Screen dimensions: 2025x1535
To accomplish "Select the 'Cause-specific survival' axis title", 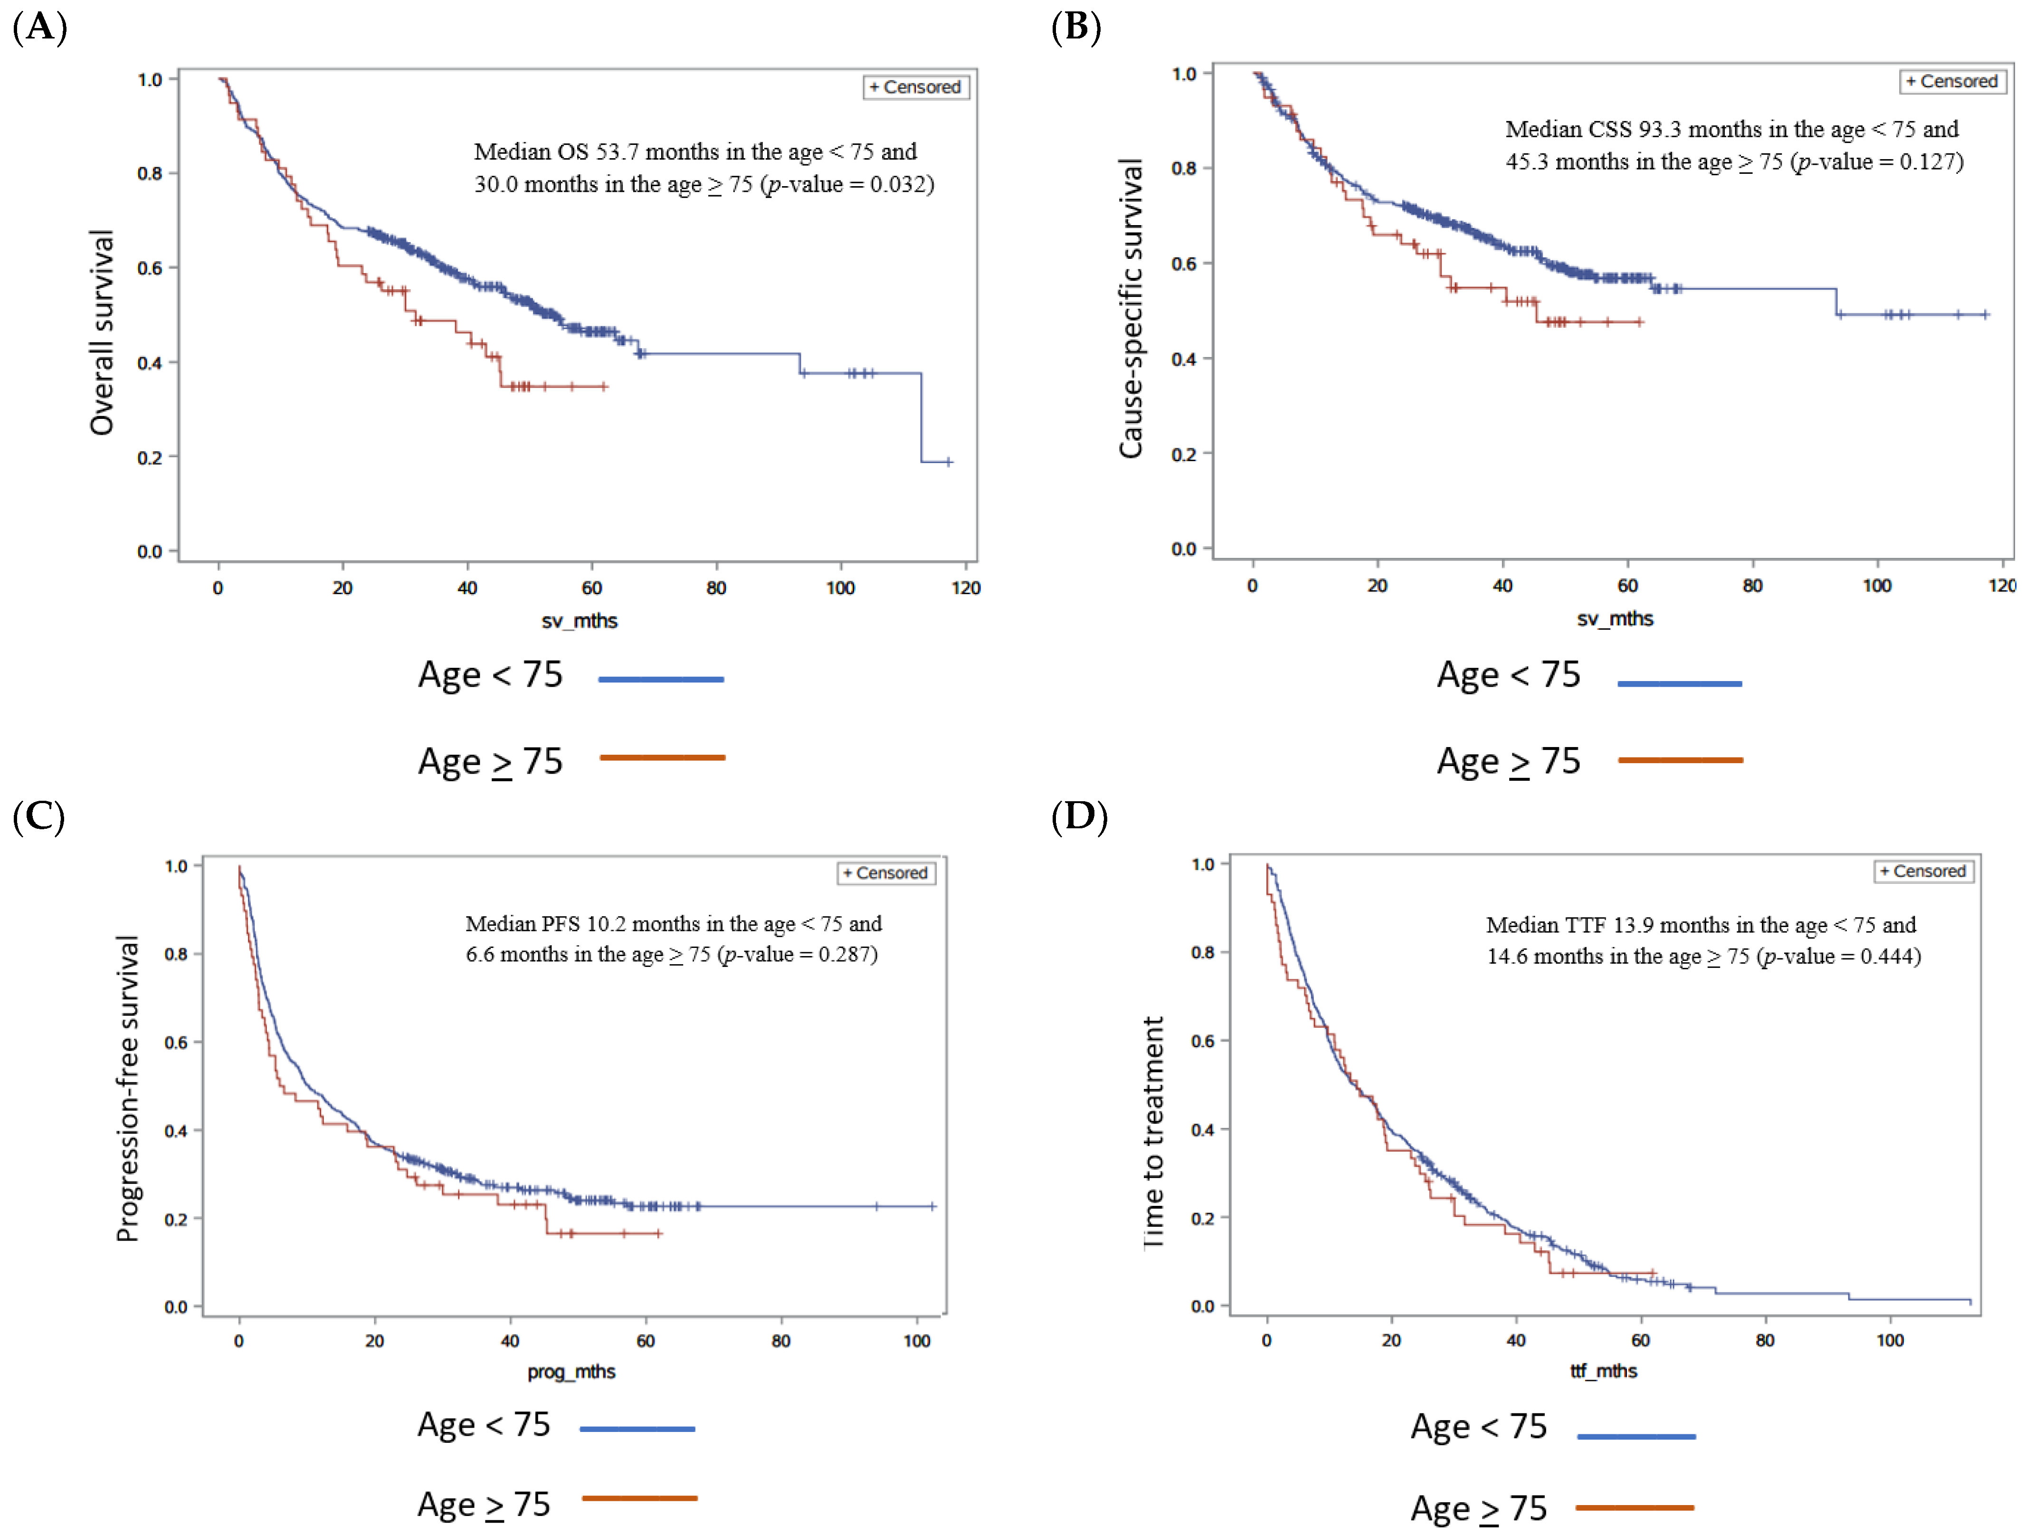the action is (1131, 308).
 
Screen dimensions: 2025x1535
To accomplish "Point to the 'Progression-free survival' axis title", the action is (128, 1089).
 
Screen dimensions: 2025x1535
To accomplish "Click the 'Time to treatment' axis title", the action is (1153, 1132).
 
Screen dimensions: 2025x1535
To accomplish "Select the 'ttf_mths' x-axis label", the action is (1604, 1370).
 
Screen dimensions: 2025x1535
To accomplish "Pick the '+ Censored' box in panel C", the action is (886, 873).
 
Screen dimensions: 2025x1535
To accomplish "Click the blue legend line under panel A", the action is (661, 679).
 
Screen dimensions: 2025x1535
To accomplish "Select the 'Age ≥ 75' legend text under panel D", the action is (1478, 1507).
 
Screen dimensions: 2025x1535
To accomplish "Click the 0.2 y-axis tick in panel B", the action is (1184, 454).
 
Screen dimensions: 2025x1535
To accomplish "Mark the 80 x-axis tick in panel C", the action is (781, 1341).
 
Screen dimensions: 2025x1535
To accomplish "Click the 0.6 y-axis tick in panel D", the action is (1203, 1041).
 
